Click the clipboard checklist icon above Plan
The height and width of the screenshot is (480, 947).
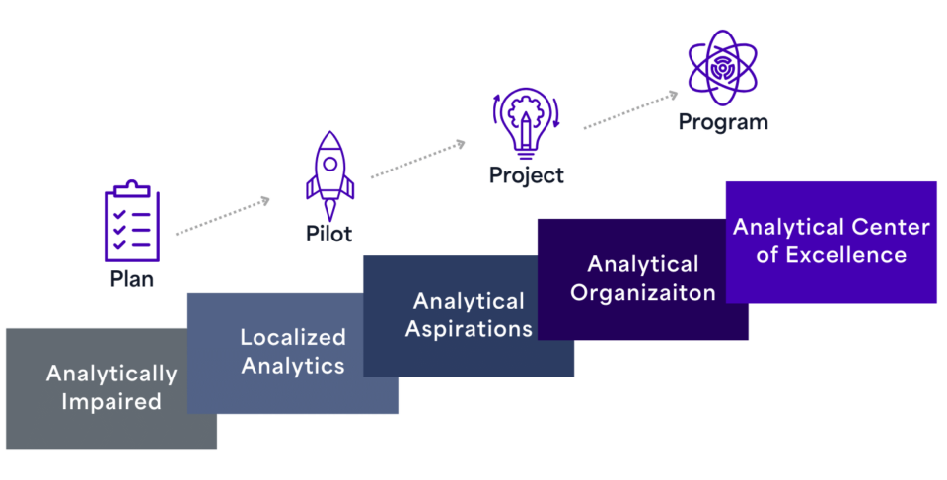click(x=131, y=222)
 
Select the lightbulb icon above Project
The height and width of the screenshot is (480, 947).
click(x=526, y=122)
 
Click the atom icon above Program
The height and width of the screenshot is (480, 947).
click(x=722, y=67)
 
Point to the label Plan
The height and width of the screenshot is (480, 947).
click(x=131, y=279)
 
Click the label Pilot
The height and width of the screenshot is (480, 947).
click(x=328, y=234)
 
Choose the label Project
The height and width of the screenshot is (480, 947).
click(x=527, y=175)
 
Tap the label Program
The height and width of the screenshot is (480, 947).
click(x=722, y=122)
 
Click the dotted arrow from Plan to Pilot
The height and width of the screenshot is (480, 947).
click(x=223, y=217)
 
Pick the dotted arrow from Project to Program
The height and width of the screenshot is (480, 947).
click(x=631, y=110)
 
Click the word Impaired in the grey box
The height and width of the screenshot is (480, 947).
click(x=111, y=401)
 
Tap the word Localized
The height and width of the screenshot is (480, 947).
click(x=293, y=338)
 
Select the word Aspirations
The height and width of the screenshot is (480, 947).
click(x=469, y=328)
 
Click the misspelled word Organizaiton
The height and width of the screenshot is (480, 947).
click(x=643, y=292)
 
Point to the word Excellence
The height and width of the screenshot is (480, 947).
click(x=845, y=255)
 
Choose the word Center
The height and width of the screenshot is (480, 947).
click(x=891, y=228)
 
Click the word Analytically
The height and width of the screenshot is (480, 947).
click(x=111, y=375)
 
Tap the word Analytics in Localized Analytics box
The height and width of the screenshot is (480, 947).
click(x=293, y=366)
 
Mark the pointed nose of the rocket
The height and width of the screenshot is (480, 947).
click(x=328, y=134)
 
